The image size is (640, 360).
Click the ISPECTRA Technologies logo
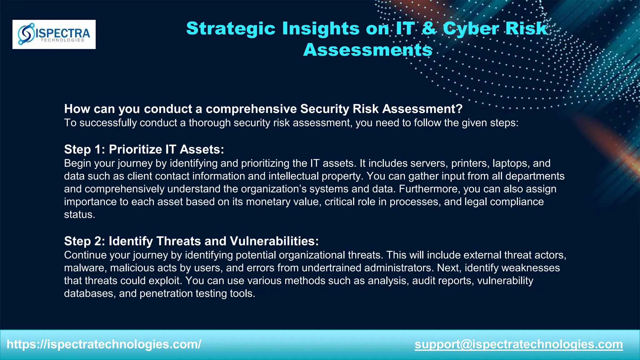tap(54, 34)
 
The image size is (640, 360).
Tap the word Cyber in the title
tap(472, 28)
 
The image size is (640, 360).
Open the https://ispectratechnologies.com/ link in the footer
tap(104, 344)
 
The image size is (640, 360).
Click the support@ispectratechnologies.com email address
tap(519, 344)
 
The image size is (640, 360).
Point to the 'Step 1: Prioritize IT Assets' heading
tap(144, 149)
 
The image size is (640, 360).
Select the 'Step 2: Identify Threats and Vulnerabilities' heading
tap(191, 241)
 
